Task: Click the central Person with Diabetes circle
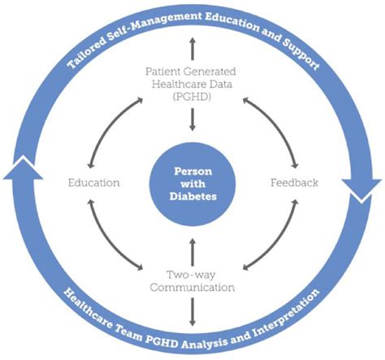click(192, 184)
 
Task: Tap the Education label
click(93, 183)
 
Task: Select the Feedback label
click(294, 183)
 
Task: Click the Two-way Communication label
click(192, 281)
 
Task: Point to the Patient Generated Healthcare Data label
click(191, 78)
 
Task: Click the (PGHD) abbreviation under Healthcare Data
click(192, 97)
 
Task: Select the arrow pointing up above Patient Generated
click(192, 49)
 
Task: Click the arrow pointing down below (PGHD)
click(192, 119)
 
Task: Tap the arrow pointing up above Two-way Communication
click(192, 252)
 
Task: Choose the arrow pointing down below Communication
click(192, 312)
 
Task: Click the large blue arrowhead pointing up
click(23, 169)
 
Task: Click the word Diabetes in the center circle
click(192, 197)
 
